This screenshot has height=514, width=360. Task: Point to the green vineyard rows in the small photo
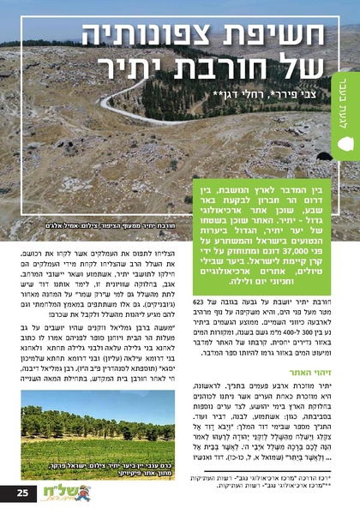point(94,433)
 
